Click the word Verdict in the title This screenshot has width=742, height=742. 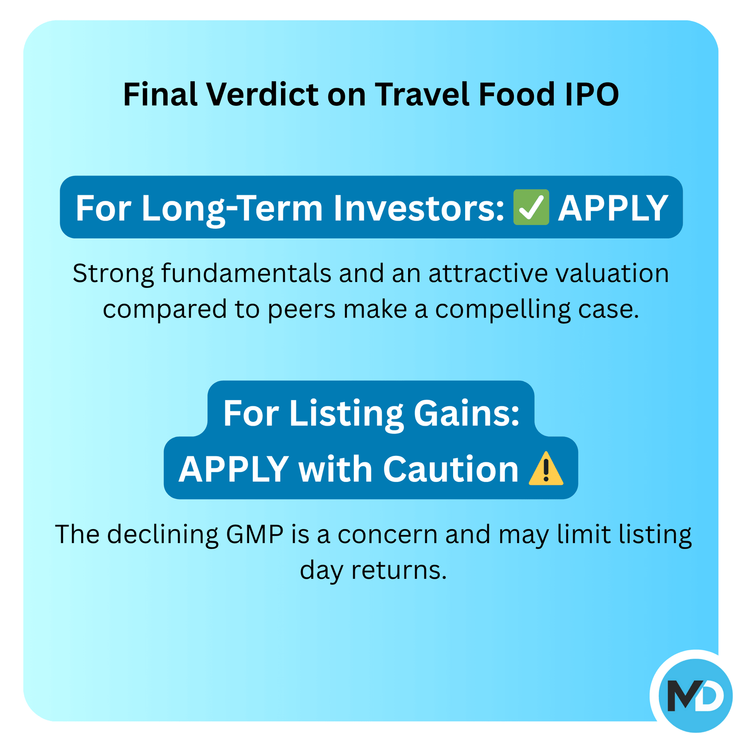coord(262,94)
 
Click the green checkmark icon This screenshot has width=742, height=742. coord(531,207)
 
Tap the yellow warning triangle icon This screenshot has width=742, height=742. coord(546,468)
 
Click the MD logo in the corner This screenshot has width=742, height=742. coord(695,696)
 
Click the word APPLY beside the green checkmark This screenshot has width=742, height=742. coord(613,208)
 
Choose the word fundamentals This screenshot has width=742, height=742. coord(246,273)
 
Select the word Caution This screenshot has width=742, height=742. coord(451,469)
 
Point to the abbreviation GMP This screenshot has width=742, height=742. coord(255,534)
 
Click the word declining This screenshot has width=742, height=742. coord(163,535)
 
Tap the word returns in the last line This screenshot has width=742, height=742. coord(399,570)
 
